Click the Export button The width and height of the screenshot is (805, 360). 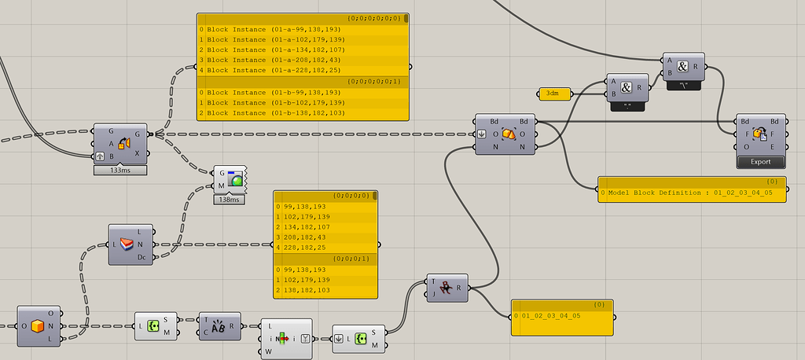pos(760,162)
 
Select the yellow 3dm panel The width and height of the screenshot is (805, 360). pos(555,94)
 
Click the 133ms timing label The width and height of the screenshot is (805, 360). pos(120,169)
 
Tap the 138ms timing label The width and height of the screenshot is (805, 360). pos(228,200)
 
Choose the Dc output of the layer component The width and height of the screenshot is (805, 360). pos(142,257)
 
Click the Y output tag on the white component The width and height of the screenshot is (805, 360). pos(304,339)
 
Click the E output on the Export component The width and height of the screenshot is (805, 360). pos(775,147)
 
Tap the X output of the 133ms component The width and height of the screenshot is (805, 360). pos(138,153)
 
